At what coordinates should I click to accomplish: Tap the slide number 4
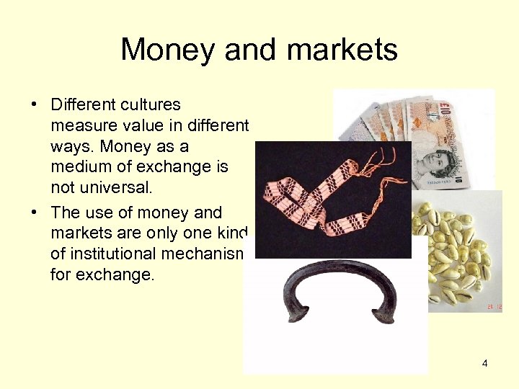(x=484, y=363)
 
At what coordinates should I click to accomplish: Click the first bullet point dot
(x=34, y=105)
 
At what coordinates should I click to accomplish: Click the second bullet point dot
(x=34, y=213)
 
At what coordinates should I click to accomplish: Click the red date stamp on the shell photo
(x=494, y=306)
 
